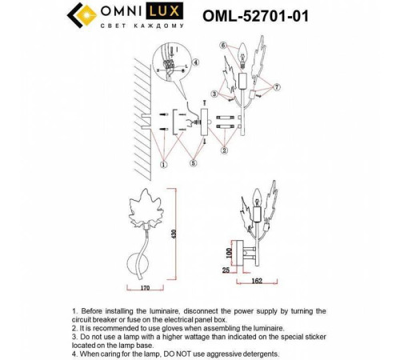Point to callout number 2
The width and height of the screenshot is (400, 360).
pyautogui.click(x=225, y=148)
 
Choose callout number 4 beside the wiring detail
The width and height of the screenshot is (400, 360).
pyautogui.click(x=197, y=61)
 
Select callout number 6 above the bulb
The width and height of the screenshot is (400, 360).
pyautogui.click(x=225, y=45)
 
